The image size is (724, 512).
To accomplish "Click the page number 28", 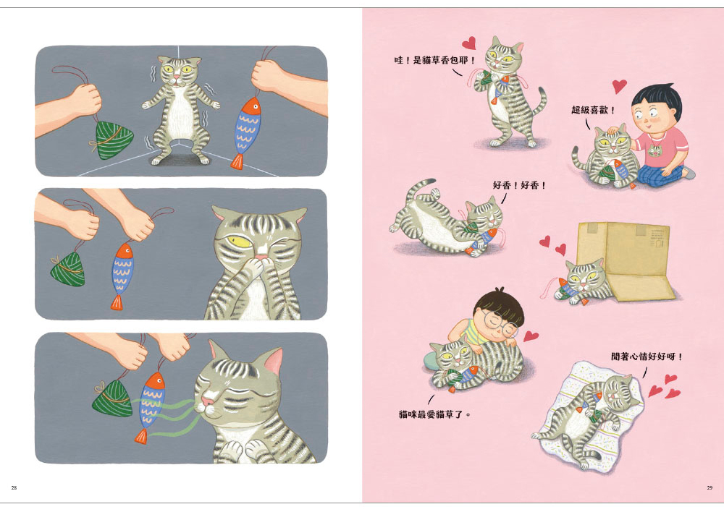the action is point(14,487).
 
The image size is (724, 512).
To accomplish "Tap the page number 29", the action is point(710,487).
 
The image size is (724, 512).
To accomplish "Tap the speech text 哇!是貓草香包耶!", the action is point(434,60).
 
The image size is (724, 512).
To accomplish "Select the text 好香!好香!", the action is point(520,185).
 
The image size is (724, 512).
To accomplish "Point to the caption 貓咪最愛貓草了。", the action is point(435,414).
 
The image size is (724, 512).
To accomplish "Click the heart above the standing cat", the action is point(469,43).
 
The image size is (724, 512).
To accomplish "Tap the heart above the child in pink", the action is point(620,86).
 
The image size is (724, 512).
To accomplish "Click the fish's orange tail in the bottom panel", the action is point(141,436).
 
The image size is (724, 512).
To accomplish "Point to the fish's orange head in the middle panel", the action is point(124,253).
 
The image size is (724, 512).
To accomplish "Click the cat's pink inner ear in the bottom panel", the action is point(274,361).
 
